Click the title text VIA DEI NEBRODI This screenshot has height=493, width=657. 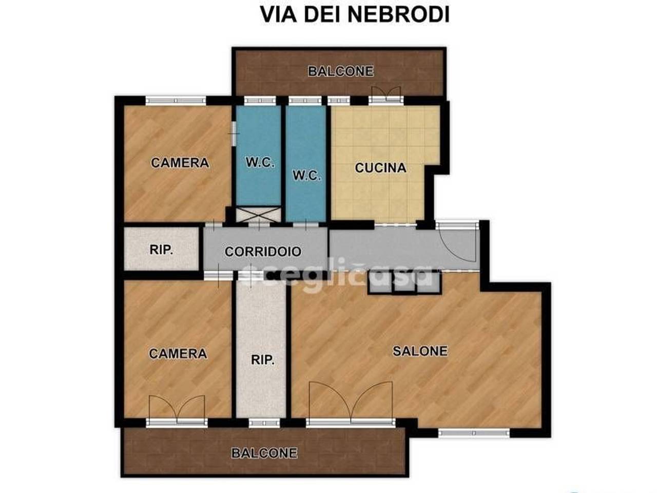(355, 14)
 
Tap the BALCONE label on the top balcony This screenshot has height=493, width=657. (340, 71)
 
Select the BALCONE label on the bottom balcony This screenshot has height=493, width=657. (264, 453)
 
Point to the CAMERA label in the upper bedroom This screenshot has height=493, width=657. (180, 163)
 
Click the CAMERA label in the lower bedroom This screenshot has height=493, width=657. (178, 353)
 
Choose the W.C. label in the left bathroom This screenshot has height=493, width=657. (260, 163)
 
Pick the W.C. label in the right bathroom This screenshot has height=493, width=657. (306, 176)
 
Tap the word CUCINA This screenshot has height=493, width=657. (380, 167)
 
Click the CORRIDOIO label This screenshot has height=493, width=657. (263, 252)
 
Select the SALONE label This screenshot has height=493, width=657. (420, 351)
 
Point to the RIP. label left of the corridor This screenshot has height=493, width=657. (161, 250)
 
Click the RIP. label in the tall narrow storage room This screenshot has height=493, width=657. (262, 360)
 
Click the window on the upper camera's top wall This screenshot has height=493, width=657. (176, 101)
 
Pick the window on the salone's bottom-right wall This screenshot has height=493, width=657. (473, 433)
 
